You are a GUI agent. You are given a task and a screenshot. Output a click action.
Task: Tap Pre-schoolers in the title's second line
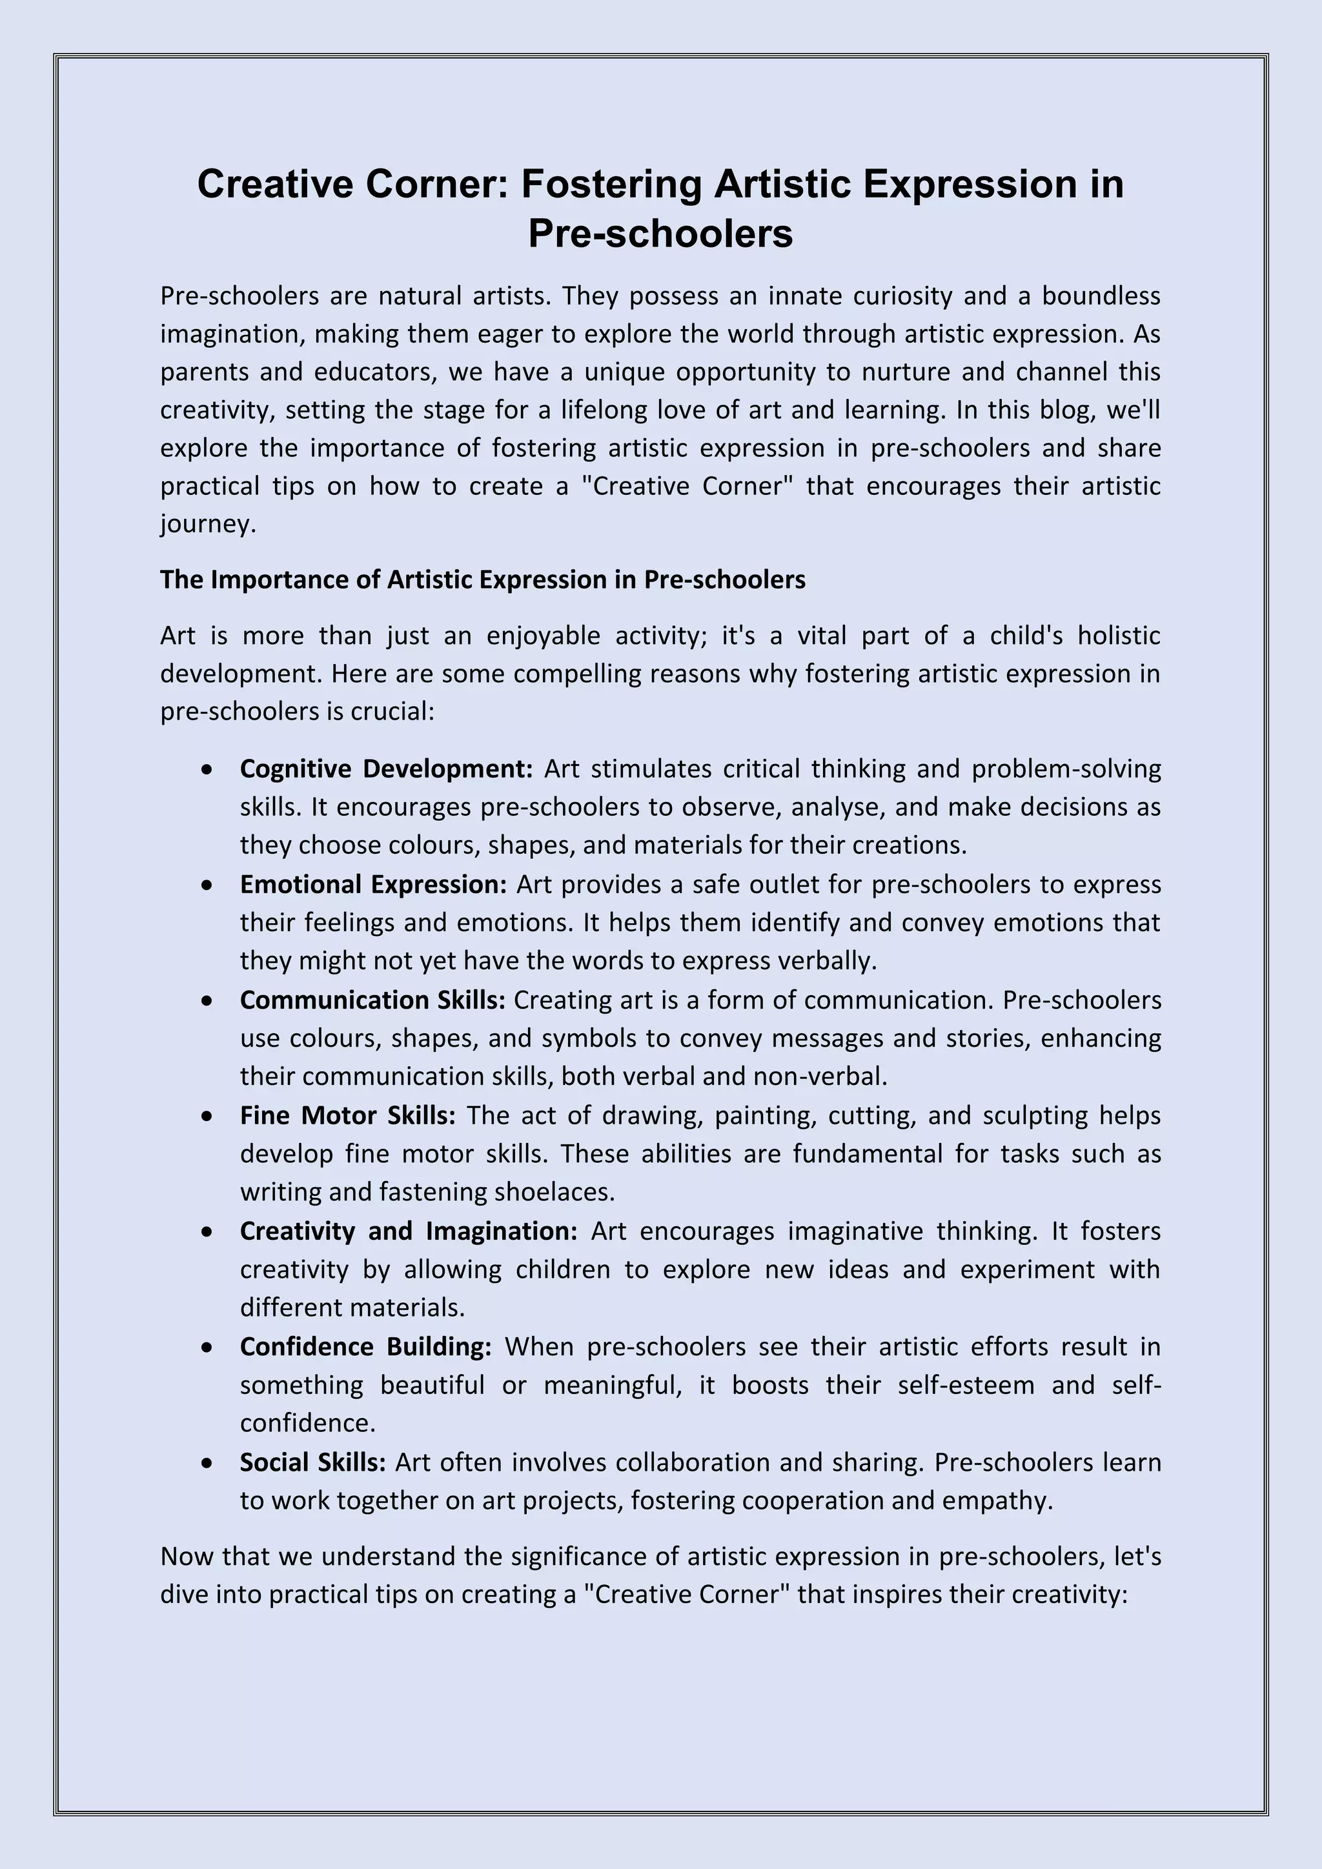(x=660, y=234)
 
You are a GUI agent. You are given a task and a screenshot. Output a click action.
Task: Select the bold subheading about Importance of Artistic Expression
(x=483, y=580)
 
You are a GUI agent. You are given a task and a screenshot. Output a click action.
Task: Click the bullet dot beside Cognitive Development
(x=208, y=769)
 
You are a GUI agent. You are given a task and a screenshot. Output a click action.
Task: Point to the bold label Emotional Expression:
(x=374, y=885)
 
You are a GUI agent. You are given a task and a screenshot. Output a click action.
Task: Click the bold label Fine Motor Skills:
(x=347, y=1116)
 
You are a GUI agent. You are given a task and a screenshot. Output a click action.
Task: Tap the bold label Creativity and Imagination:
(x=409, y=1231)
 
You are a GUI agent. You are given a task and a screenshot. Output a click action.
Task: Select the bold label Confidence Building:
(x=365, y=1347)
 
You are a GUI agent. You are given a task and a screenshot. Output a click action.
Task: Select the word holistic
(x=1119, y=636)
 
